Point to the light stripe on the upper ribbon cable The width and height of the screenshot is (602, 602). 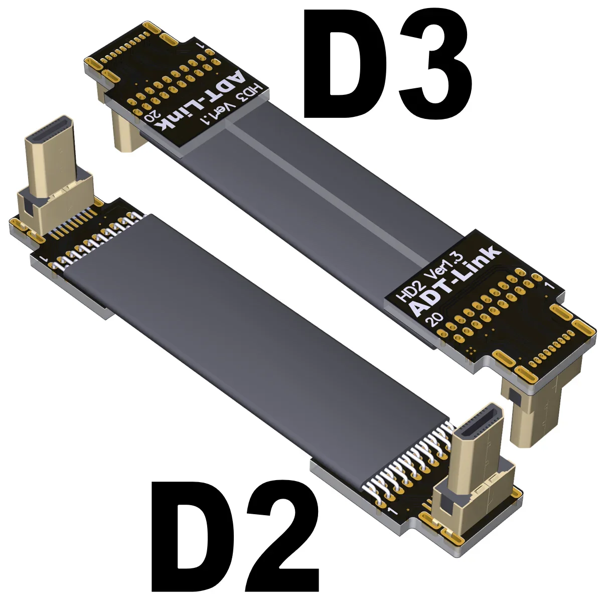click(x=326, y=188)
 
